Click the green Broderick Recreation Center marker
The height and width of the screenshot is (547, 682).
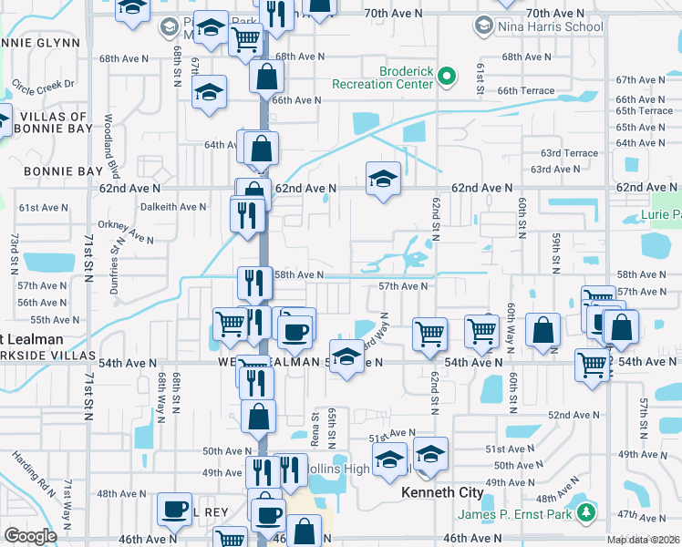(447, 77)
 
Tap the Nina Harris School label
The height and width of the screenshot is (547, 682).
(550, 26)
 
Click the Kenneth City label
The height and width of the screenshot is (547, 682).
(442, 492)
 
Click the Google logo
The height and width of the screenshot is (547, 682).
(30, 535)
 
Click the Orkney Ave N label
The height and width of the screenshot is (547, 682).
(127, 231)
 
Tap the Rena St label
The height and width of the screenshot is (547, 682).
(315, 425)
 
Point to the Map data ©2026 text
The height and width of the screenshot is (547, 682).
(644, 540)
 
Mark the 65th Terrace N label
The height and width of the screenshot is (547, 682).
(644, 111)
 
